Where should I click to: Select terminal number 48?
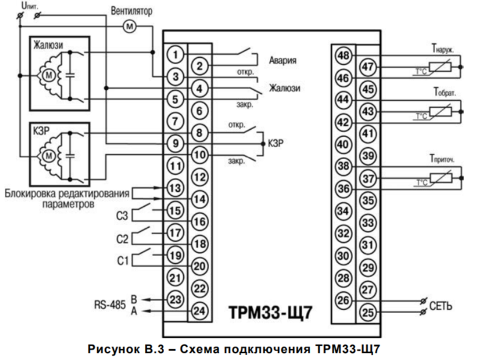(344, 56)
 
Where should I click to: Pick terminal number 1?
(174, 55)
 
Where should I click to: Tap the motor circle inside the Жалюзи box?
(46, 75)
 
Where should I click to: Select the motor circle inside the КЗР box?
(46, 156)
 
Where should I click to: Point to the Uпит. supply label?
(29, 5)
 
